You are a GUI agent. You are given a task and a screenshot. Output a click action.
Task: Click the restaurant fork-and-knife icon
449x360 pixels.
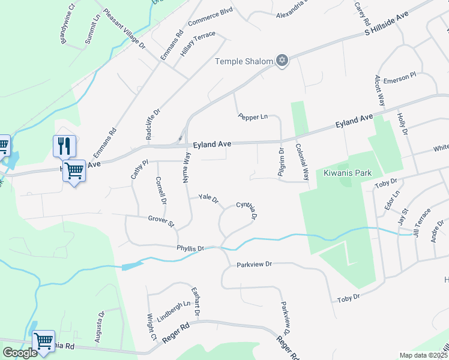pos(64,146)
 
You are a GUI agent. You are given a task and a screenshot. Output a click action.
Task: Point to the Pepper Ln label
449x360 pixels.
pos(252,117)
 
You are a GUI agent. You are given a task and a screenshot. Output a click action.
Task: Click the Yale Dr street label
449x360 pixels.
pos(208,197)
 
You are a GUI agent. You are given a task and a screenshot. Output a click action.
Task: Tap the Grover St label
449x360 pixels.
pos(161,221)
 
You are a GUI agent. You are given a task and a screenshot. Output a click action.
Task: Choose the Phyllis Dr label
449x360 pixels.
pos(191,248)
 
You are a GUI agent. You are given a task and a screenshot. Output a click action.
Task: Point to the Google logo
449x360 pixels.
pos(20,353)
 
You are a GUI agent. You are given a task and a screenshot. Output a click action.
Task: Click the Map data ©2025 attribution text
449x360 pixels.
pos(423,355)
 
